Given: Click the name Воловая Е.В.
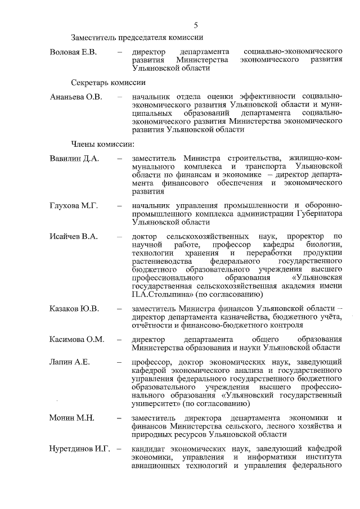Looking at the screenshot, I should click(x=74, y=52).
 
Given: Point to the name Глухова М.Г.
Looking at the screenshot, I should click(x=74, y=206).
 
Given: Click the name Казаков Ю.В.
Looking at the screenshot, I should click(x=74, y=309).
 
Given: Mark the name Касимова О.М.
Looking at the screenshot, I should click(x=76, y=340).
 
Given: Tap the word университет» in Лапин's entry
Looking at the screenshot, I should click(x=157, y=403).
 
